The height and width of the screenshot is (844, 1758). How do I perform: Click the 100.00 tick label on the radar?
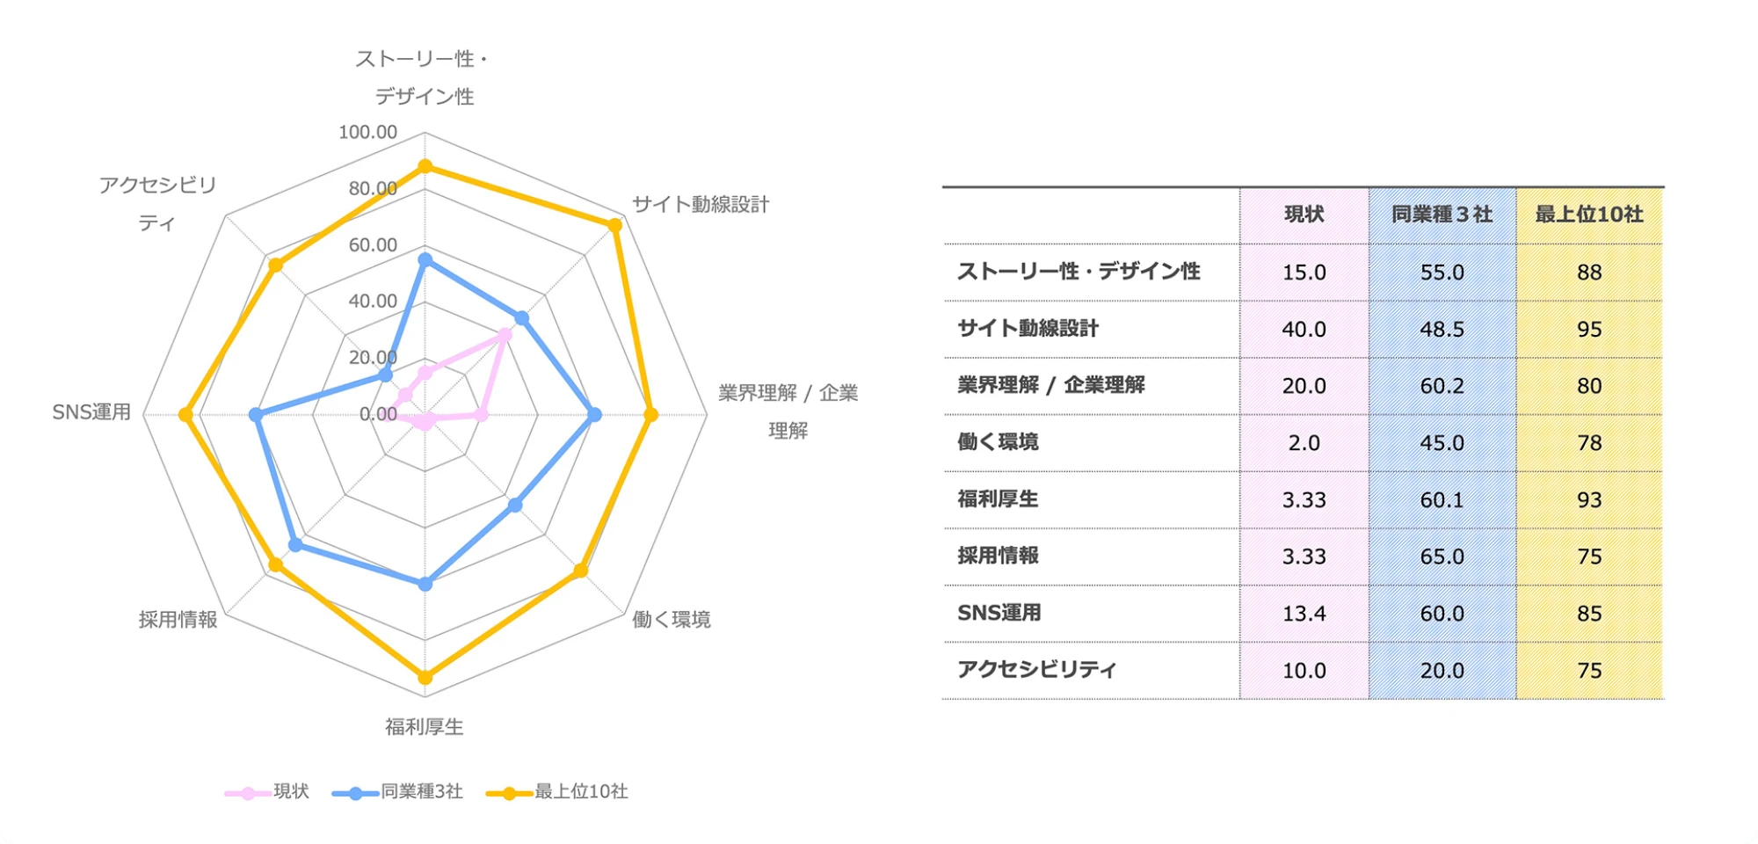367,132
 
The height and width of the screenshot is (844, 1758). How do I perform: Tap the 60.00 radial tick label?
373,245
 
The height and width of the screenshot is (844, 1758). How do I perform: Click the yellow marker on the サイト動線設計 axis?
614,225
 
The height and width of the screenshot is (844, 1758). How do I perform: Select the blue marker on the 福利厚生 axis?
425,584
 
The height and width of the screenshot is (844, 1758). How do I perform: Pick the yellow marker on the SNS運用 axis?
185,415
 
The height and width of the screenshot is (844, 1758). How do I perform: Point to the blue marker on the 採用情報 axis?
296,545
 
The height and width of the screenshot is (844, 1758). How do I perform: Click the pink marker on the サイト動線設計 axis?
505,335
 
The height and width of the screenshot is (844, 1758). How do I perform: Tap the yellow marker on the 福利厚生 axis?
425,677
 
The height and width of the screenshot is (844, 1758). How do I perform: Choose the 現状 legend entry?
267,792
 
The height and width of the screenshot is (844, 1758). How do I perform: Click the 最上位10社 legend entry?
557,792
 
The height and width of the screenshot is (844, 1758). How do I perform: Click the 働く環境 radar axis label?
672,620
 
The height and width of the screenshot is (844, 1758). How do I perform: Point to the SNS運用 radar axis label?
91,412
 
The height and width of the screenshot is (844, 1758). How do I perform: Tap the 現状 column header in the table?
1304,215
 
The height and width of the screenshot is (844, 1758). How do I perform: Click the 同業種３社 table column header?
1442,215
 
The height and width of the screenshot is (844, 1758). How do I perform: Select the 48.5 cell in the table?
1442,330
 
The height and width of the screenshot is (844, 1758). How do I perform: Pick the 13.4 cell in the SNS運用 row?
1304,614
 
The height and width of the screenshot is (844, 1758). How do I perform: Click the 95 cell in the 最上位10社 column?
1589,330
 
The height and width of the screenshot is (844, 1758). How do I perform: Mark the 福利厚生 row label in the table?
998,499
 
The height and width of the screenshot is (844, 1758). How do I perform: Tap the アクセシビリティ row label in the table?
1036,670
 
